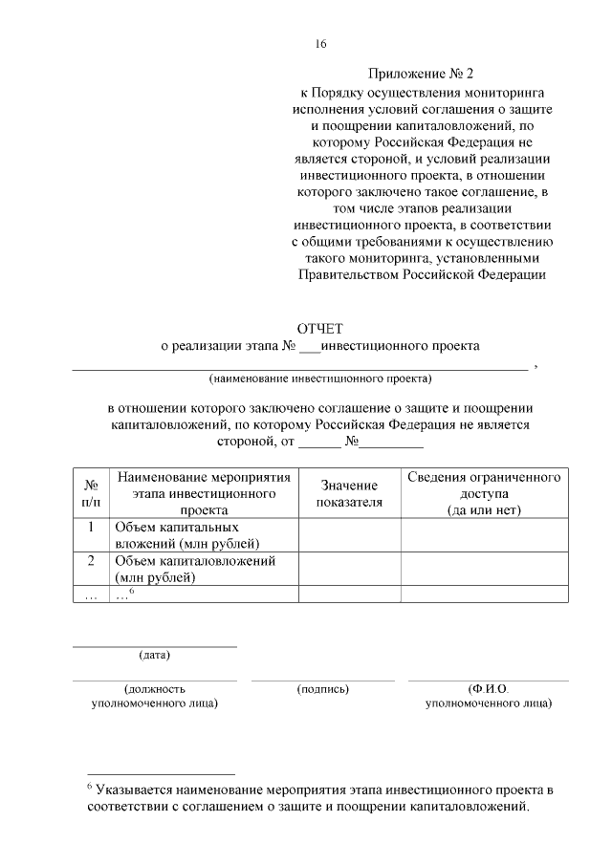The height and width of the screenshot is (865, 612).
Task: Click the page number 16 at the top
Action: pyautogui.click(x=321, y=44)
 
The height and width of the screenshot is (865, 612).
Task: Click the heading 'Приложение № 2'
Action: pyautogui.click(x=421, y=74)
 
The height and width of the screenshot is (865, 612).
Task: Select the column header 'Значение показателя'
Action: pyautogui.click(x=349, y=493)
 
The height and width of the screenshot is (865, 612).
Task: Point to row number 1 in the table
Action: pyautogui.click(x=91, y=528)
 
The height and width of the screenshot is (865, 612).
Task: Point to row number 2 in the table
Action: pyautogui.click(x=91, y=561)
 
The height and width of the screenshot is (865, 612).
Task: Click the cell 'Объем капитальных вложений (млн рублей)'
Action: pyautogui.click(x=182, y=535)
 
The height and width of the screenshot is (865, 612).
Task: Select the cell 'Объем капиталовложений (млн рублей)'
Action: pyautogui.click(x=195, y=569)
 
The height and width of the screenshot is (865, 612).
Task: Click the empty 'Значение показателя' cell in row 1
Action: pyautogui.click(x=349, y=535)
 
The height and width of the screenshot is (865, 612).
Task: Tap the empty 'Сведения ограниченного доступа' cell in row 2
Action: pyautogui.click(x=484, y=569)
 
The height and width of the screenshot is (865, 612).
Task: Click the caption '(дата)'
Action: pyautogui.click(x=155, y=656)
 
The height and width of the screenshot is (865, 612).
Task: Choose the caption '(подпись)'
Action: pyautogui.click(x=323, y=688)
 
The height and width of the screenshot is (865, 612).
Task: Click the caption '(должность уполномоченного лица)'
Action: pyautogui.click(x=155, y=696)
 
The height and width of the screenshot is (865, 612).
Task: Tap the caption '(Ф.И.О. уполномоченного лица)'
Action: pyautogui.click(x=488, y=696)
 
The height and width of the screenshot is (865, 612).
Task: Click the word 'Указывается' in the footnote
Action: pyautogui.click(x=136, y=790)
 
